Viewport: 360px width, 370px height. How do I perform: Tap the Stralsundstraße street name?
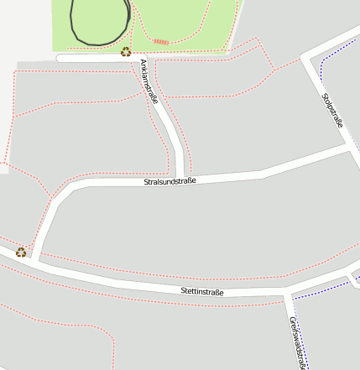tap(170, 180)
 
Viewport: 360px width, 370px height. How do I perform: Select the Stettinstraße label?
tap(202, 292)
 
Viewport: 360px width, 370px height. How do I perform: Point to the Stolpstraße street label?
tap(333, 111)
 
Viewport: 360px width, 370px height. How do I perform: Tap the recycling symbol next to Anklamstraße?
tap(126, 52)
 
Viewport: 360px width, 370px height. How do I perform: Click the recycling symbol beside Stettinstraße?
tap(21, 251)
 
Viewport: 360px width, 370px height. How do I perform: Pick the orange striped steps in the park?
tap(161, 41)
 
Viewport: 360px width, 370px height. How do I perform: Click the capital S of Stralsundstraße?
tap(146, 182)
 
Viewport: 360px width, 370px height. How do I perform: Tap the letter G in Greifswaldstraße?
tap(292, 320)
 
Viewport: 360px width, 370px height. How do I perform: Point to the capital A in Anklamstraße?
tap(143, 63)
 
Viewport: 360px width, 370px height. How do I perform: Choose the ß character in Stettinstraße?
tap(217, 292)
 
